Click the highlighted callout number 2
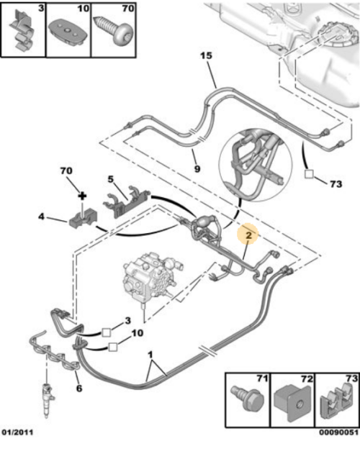pos(248,235)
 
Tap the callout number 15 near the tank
pos(206,55)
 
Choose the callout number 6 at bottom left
pos(78,389)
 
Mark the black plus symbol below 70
pos(82,194)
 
